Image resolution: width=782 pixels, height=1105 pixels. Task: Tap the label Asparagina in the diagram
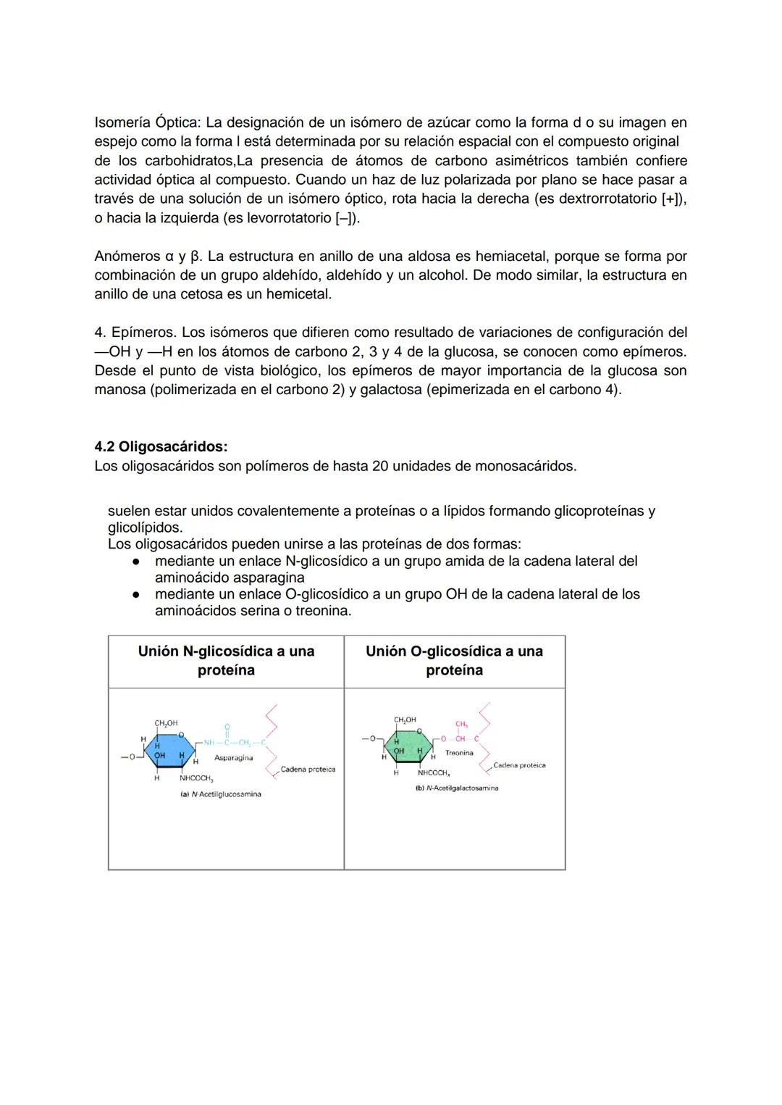[x=233, y=758]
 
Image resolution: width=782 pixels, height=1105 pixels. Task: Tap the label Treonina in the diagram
[x=459, y=753]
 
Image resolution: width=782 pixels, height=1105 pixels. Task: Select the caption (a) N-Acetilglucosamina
[x=220, y=794]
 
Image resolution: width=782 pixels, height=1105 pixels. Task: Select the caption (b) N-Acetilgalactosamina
[x=456, y=788]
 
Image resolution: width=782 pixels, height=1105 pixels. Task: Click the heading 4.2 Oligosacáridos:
[x=161, y=446]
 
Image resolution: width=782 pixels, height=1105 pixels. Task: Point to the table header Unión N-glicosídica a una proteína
[x=226, y=660]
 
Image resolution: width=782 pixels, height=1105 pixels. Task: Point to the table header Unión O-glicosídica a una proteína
[x=454, y=660]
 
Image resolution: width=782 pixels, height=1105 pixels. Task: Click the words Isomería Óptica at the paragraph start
[x=147, y=122]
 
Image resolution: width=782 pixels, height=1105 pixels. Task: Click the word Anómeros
[x=127, y=256]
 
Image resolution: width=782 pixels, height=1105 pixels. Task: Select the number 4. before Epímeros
[x=100, y=332]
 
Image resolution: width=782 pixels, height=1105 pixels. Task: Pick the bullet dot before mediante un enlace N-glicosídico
[x=135, y=562]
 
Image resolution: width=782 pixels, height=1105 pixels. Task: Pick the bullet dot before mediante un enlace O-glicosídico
[x=135, y=595]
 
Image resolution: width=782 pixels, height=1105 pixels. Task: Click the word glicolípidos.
[x=144, y=527]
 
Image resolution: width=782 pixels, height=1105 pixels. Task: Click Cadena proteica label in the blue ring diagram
[x=308, y=770]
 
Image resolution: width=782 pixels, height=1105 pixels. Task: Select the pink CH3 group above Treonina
[x=461, y=724]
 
